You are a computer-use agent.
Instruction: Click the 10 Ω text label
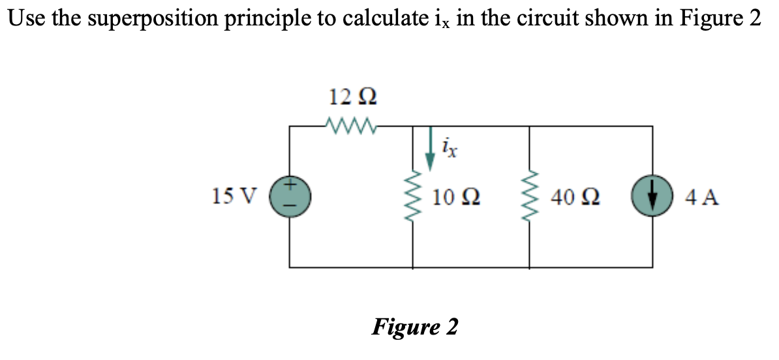[x=456, y=196]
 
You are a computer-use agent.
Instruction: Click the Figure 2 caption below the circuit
[x=414, y=326]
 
